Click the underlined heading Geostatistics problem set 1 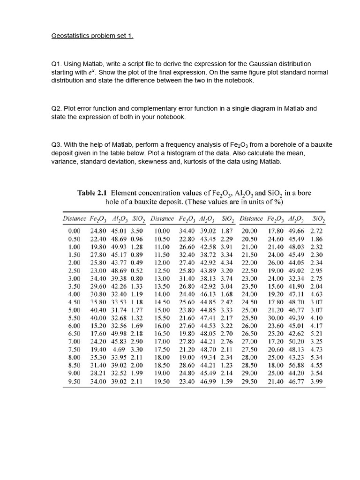[x=92, y=36]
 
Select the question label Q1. [x=56, y=64]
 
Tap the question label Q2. [x=56, y=108]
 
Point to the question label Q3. [x=56, y=145]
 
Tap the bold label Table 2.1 [x=92, y=193]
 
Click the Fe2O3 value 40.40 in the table [x=99, y=310]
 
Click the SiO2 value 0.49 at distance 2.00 [x=136, y=262]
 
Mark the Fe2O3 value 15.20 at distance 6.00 [x=99, y=326]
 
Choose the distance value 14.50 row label [x=162, y=302]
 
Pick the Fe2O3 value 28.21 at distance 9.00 [x=99, y=373]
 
